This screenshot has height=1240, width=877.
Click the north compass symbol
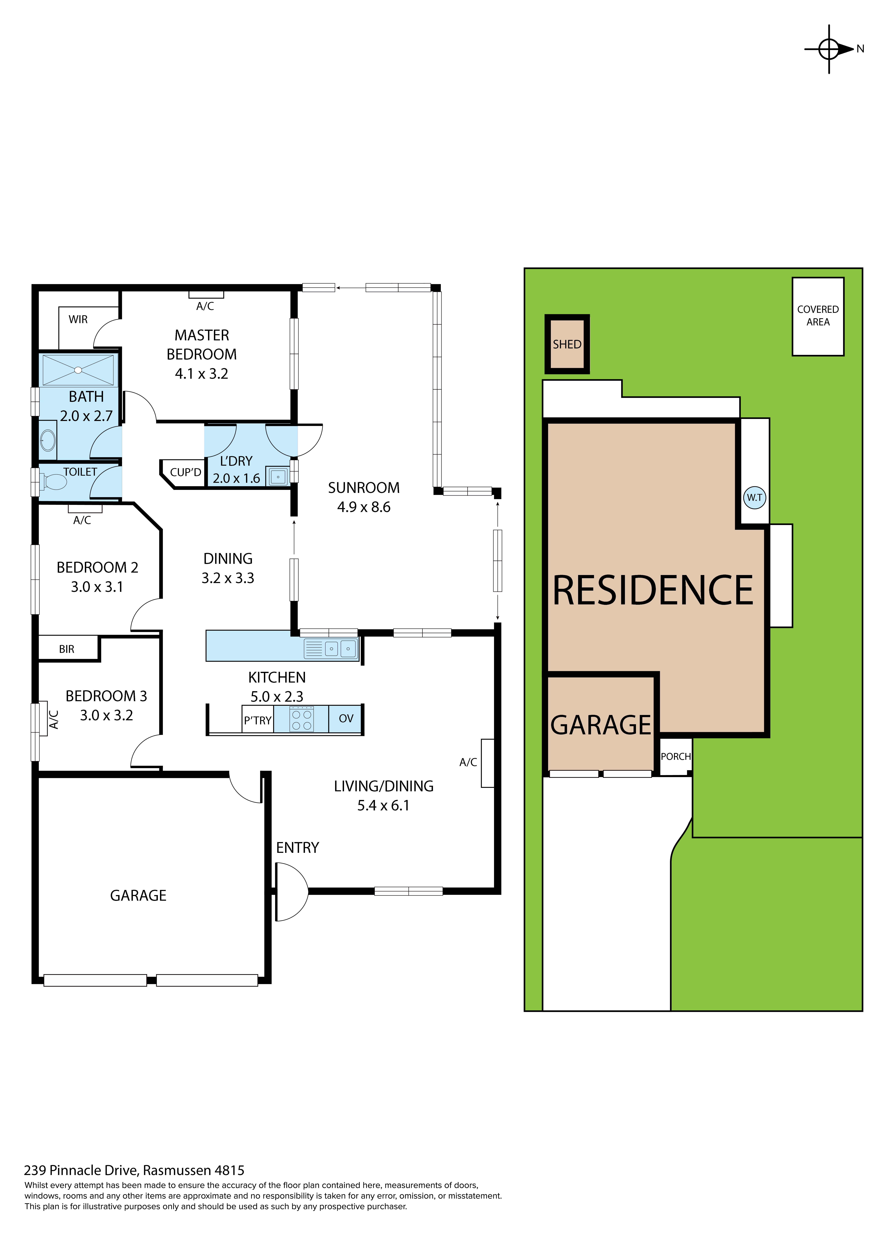pyautogui.click(x=829, y=49)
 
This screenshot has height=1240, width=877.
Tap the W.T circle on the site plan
pyautogui.click(x=754, y=497)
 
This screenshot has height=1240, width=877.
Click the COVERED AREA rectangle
pyautogui.click(x=818, y=316)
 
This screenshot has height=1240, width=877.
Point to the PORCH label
pyautogui.click(x=676, y=757)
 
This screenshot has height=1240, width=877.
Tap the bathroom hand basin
pyautogui.click(x=48, y=440)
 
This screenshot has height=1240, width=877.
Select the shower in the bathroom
pyautogui.click(x=78, y=370)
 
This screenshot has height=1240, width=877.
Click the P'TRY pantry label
pyautogui.click(x=258, y=720)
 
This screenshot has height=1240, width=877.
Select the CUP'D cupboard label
pyautogui.click(x=185, y=473)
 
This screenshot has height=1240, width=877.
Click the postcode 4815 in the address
pyautogui.click(x=230, y=1170)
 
